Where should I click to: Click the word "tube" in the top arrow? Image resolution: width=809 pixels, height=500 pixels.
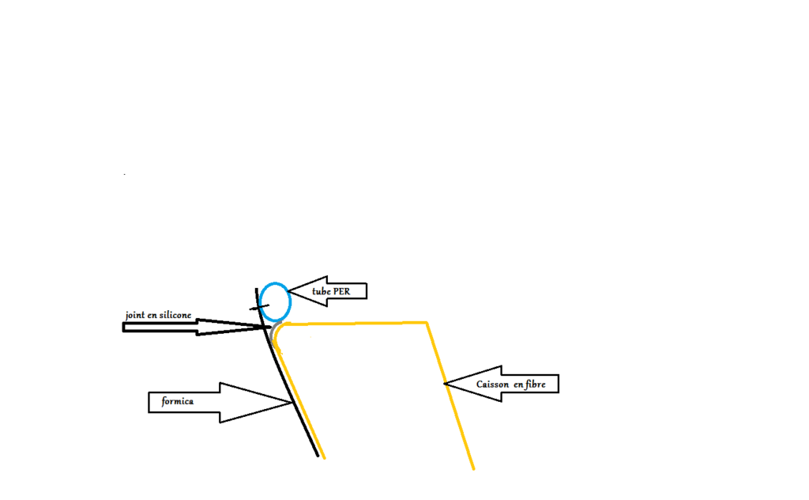click(x=321, y=291)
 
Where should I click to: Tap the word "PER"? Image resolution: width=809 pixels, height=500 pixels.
click(x=341, y=291)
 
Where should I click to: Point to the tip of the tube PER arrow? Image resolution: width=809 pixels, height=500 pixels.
click(x=288, y=291)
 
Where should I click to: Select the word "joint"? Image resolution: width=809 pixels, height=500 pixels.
click(x=135, y=315)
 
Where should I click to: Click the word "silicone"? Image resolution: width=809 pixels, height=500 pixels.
click(x=175, y=315)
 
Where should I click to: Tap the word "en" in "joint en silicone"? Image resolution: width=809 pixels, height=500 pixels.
click(x=152, y=316)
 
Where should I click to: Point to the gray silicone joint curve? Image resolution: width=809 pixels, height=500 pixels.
click(x=272, y=332)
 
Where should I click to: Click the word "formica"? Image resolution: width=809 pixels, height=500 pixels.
click(x=178, y=401)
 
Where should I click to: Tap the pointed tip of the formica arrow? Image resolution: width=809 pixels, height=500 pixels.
click(x=293, y=403)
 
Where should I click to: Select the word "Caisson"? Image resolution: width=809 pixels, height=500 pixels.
click(x=493, y=384)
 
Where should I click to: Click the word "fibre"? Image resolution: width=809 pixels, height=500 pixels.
click(x=535, y=384)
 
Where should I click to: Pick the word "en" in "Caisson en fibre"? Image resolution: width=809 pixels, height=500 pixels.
click(x=518, y=384)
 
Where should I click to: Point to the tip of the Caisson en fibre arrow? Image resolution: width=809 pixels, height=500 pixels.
click(x=444, y=384)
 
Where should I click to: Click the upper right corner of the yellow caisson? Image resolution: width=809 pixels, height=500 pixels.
click(x=427, y=323)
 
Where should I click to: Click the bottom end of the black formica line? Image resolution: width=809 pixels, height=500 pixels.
click(x=318, y=456)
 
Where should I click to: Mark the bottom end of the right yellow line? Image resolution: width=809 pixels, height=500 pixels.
click(x=474, y=469)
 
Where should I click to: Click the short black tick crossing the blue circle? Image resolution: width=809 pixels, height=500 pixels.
click(x=259, y=307)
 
